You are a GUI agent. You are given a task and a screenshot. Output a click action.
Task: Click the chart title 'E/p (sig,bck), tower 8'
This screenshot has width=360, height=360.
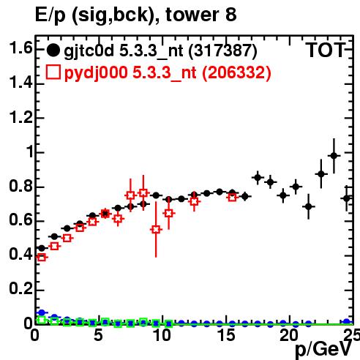(x=136, y=15)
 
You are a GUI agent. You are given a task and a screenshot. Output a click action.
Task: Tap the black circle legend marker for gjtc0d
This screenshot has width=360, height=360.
(x=53, y=50)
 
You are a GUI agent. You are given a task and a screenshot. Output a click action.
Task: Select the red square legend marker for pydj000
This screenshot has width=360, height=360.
(x=53, y=72)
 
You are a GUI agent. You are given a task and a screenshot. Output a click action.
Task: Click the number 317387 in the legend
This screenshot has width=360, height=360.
(x=222, y=50)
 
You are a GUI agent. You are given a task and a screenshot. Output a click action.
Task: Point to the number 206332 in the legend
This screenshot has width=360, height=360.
(x=236, y=72)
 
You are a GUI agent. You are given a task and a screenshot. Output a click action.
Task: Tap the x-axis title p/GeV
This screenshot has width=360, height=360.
(x=324, y=350)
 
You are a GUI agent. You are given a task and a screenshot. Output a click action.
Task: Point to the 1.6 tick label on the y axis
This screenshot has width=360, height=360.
(x=20, y=48)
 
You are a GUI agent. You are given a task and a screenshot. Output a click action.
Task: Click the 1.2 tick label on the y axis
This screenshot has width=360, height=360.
(x=20, y=118)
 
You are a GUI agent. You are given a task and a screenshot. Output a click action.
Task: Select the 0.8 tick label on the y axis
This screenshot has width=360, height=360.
(x=20, y=187)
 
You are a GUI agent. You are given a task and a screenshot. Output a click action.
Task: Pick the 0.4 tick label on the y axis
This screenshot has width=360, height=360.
(x=20, y=255)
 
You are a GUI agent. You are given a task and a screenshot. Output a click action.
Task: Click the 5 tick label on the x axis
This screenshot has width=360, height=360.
(x=98, y=335)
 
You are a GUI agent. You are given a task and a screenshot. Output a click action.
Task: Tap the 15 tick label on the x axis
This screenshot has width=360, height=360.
(x=226, y=335)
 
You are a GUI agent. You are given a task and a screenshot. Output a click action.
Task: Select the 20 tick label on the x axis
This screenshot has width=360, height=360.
(x=289, y=335)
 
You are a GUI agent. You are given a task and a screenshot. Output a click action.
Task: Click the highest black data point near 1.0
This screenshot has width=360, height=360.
(x=334, y=156)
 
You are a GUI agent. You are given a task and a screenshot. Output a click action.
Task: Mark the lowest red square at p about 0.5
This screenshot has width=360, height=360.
(x=42, y=257)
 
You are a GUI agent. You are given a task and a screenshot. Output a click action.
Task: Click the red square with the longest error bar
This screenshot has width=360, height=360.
(x=156, y=230)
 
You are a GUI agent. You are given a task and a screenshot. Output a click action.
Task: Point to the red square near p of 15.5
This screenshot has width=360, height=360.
(x=233, y=198)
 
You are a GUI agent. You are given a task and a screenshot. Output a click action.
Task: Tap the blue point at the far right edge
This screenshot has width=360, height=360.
(x=347, y=322)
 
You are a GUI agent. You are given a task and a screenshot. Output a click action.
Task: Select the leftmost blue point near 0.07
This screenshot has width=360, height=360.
(x=42, y=312)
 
